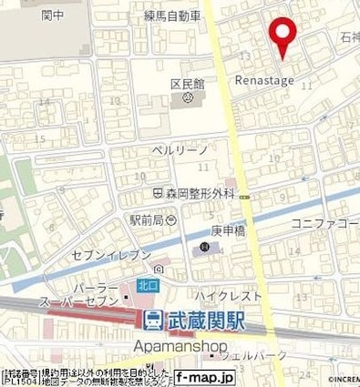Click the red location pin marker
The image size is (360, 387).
[284, 34]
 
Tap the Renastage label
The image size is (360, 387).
[263, 81]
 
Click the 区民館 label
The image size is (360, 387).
[186, 84]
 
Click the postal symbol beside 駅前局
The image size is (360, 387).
[171, 220]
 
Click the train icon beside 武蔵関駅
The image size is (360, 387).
[153, 320]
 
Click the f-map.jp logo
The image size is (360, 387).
[204, 377]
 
